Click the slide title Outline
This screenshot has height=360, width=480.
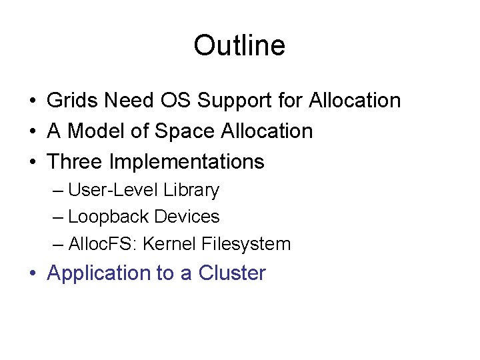(x=239, y=46)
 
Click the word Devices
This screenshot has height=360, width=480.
(x=187, y=217)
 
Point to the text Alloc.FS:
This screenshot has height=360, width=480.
(x=101, y=244)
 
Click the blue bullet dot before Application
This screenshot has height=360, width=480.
(x=33, y=274)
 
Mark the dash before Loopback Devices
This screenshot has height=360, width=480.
(x=58, y=217)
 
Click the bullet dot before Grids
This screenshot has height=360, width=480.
(x=33, y=101)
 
